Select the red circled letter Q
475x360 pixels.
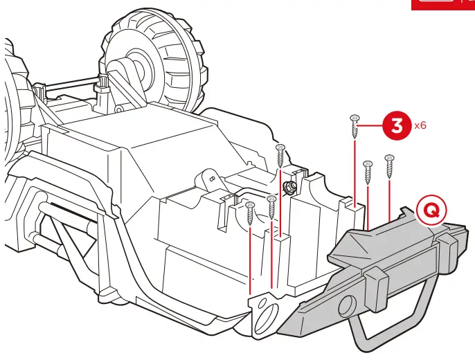pos(431,211)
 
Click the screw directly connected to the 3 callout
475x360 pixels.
pos(355,127)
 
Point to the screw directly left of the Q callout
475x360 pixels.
pos(389,165)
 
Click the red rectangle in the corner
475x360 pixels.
pos(443,4)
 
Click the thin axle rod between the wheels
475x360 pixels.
pos(69,87)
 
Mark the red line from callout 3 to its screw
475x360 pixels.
pos(373,126)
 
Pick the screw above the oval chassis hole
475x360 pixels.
pos(251,210)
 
